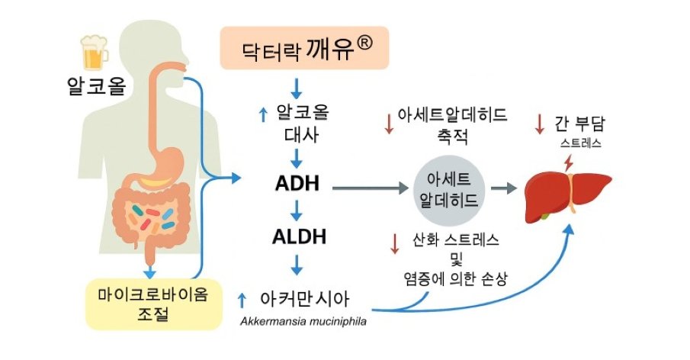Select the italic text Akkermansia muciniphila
pos(303,321)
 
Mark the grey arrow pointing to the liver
pos(502,188)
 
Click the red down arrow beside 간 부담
pos(541,124)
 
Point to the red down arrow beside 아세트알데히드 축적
pos(390,124)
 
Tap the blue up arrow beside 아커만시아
pos(242,299)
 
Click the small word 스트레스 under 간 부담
pos(581,142)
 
